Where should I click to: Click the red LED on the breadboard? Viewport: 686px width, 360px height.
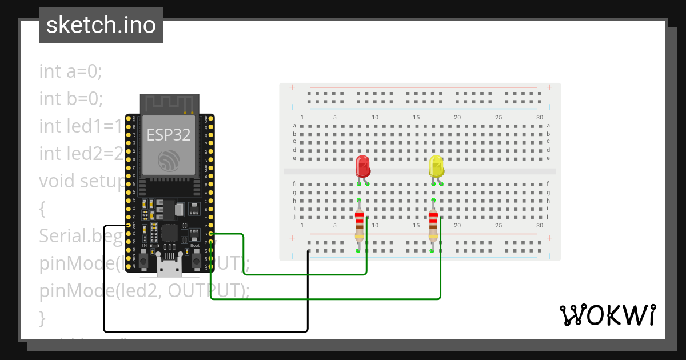(x=362, y=166)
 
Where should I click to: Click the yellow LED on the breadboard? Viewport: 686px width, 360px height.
(x=436, y=166)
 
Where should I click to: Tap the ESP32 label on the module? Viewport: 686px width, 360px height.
(x=169, y=134)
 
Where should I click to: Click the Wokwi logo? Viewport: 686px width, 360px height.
(x=607, y=315)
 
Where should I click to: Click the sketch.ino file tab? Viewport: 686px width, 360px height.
(x=101, y=25)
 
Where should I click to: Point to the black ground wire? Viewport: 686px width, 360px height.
(x=206, y=331)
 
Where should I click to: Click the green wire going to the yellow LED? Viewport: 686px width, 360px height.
(x=326, y=298)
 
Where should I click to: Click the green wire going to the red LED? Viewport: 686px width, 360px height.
(x=303, y=274)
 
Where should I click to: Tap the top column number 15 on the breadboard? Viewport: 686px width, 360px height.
(x=417, y=117)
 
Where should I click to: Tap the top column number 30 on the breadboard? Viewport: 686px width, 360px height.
(x=540, y=117)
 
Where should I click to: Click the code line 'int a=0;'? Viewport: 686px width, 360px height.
(x=70, y=71)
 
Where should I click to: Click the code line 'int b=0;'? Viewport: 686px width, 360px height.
(x=71, y=98)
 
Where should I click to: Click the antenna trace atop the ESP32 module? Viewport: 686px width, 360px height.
(x=169, y=103)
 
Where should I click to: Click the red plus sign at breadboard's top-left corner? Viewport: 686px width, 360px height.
(x=292, y=87)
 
